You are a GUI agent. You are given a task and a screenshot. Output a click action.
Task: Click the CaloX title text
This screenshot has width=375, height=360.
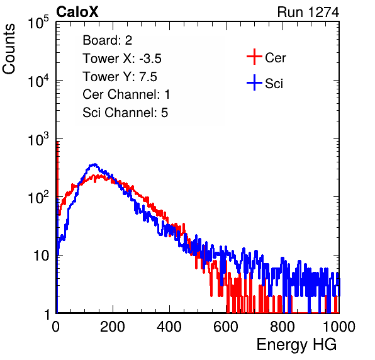click(x=77, y=12)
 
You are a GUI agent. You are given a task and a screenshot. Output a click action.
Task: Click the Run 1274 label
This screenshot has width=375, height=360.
click(x=308, y=12)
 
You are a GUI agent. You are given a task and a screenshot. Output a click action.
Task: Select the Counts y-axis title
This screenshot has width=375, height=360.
click(x=9, y=49)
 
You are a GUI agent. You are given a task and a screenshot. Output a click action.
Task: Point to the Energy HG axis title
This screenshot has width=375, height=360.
click(x=296, y=345)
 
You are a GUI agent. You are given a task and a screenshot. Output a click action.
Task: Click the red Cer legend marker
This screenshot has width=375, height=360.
click(x=254, y=57)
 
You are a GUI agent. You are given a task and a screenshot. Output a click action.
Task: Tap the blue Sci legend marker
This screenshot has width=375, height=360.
click(x=254, y=83)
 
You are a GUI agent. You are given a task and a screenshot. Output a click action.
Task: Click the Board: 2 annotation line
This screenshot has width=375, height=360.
click(x=108, y=40)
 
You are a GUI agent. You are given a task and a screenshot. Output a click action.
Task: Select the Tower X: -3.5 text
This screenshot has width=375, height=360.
click(x=122, y=59)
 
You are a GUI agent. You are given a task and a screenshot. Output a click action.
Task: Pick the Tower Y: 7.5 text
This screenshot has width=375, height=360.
click(x=120, y=77)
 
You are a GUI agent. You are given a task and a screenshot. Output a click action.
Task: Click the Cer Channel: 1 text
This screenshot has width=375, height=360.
click(x=126, y=94)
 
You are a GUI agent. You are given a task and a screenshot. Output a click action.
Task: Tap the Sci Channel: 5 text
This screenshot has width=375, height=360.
click(x=125, y=113)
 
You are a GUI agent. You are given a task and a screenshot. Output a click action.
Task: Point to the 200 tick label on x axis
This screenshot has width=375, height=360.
click(x=113, y=327)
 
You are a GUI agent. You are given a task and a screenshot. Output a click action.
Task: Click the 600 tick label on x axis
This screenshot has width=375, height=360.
click(x=226, y=327)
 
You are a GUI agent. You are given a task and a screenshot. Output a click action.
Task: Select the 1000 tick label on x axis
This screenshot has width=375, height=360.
click(x=339, y=327)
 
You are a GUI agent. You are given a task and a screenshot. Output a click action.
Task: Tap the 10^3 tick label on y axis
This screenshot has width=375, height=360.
click(x=38, y=139)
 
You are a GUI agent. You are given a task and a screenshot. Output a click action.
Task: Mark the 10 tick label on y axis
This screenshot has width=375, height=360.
click(x=42, y=256)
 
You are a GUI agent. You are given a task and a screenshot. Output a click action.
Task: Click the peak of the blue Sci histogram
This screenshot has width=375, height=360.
click(x=95, y=164)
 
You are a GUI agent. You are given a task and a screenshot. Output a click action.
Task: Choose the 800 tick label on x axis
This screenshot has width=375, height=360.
click(x=283, y=327)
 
